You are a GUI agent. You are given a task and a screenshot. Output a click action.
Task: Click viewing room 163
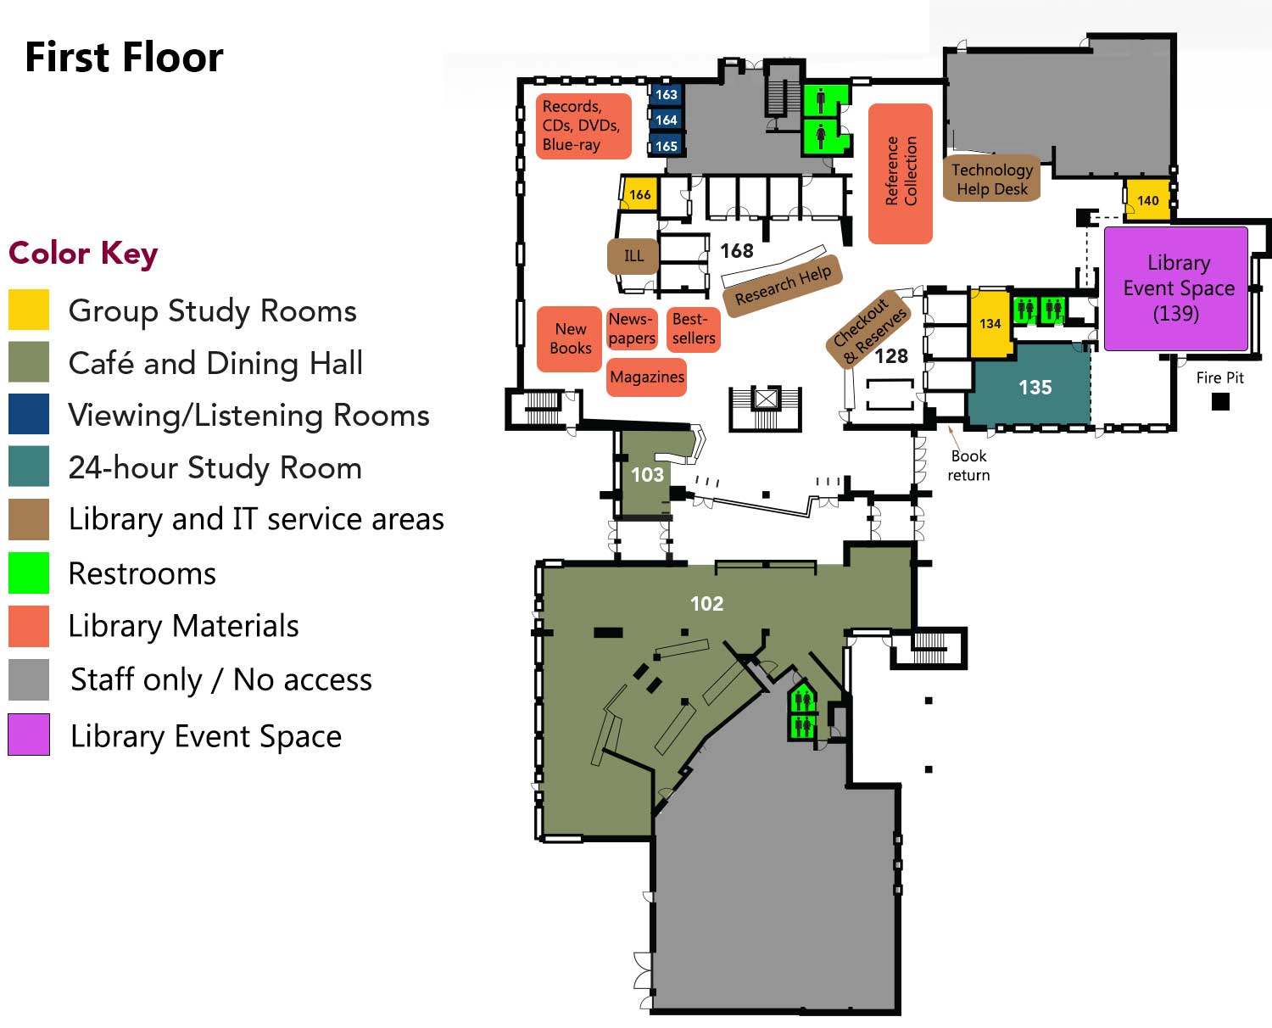(666, 94)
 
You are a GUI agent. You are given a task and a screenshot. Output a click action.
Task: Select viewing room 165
(666, 145)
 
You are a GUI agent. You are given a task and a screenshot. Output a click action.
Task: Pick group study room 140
(1147, 199)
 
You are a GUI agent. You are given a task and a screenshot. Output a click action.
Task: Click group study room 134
(990, 323)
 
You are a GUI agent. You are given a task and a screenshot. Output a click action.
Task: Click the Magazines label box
(646, 377)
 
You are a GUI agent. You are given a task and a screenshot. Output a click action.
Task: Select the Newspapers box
(632, 328)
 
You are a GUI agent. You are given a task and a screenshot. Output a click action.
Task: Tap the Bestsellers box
(693, 329)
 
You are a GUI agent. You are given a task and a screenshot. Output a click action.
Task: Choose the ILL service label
(633, 256)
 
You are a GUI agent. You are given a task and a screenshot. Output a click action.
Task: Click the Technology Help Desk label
(992, 179)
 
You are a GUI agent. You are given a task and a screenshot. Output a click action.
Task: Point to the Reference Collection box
(900, 173)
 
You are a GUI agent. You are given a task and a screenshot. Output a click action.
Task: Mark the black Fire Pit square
(1220, 401)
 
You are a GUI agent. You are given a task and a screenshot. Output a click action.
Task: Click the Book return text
(968, 466)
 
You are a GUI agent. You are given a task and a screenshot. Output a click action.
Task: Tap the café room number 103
(647, 474)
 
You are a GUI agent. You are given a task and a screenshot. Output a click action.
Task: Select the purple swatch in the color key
(29, 735)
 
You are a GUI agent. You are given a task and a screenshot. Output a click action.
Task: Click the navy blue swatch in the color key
(29, 413)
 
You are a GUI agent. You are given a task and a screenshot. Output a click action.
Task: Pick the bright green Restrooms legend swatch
(29, 573)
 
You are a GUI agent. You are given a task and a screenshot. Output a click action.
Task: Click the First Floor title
(124, 58)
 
